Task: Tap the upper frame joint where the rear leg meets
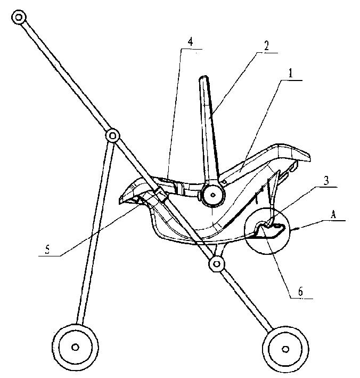[x=112, y=136]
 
